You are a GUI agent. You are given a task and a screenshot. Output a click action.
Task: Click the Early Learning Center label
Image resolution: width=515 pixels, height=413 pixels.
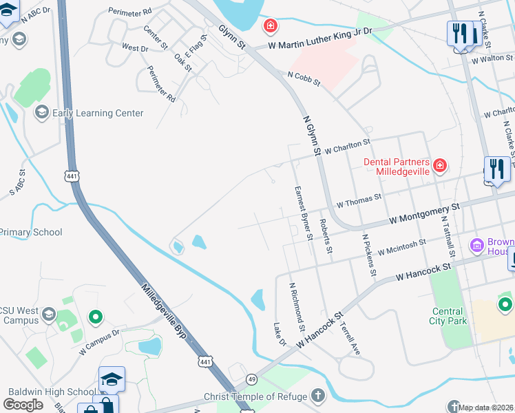pos(97,113)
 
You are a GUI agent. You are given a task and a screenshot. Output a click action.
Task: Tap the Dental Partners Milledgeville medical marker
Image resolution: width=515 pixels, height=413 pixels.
pos(439,166)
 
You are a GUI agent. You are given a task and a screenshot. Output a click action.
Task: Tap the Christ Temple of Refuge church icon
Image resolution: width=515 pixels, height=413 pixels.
pos(317,396)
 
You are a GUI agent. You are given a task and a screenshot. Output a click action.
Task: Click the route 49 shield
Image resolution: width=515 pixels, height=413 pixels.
pos(252,379)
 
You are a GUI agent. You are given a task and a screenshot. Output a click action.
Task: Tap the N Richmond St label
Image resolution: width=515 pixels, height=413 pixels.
pos(297,304)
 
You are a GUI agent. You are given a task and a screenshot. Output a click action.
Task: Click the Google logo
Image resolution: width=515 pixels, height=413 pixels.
pos(23,405)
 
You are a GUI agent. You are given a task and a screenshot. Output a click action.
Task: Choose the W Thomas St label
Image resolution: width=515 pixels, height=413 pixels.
pos(358,201)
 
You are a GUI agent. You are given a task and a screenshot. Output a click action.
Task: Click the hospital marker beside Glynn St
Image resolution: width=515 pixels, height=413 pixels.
pos(271,26)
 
